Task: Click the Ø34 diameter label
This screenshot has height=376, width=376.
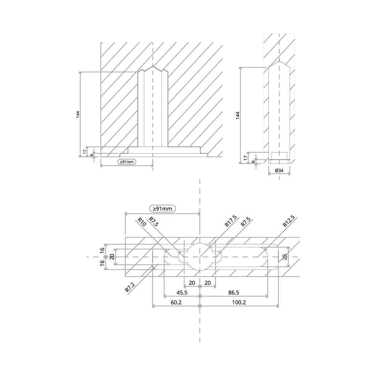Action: coord(279,171)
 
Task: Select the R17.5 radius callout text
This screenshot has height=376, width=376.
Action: coord(231,221)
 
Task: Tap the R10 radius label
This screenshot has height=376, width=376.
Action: coord(141,222)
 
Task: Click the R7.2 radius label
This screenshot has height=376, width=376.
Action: coord(130,287)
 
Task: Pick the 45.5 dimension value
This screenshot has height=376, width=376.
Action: coord(182,292)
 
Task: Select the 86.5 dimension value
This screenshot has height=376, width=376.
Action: coord(234,292)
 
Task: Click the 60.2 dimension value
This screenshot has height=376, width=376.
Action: coord(176,303)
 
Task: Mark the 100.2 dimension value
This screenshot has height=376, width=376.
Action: coord(239,303)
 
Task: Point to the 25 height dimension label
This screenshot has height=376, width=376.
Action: coord(285,257)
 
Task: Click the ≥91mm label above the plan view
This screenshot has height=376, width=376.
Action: coord(162,209)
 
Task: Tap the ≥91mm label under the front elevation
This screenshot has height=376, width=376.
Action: coord(127,162)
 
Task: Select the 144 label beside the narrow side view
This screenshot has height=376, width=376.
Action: coord(237,115)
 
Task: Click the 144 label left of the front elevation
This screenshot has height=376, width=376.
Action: coord(78,115)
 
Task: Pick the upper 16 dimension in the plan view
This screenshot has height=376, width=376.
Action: coord(102,249)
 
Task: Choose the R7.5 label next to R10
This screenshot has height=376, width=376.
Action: coord(154,221)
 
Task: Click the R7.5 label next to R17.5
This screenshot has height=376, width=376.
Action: coord(245,221)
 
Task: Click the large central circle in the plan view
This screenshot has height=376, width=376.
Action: coord(200,243)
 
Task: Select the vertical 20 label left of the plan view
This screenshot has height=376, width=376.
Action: coord(112,257)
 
